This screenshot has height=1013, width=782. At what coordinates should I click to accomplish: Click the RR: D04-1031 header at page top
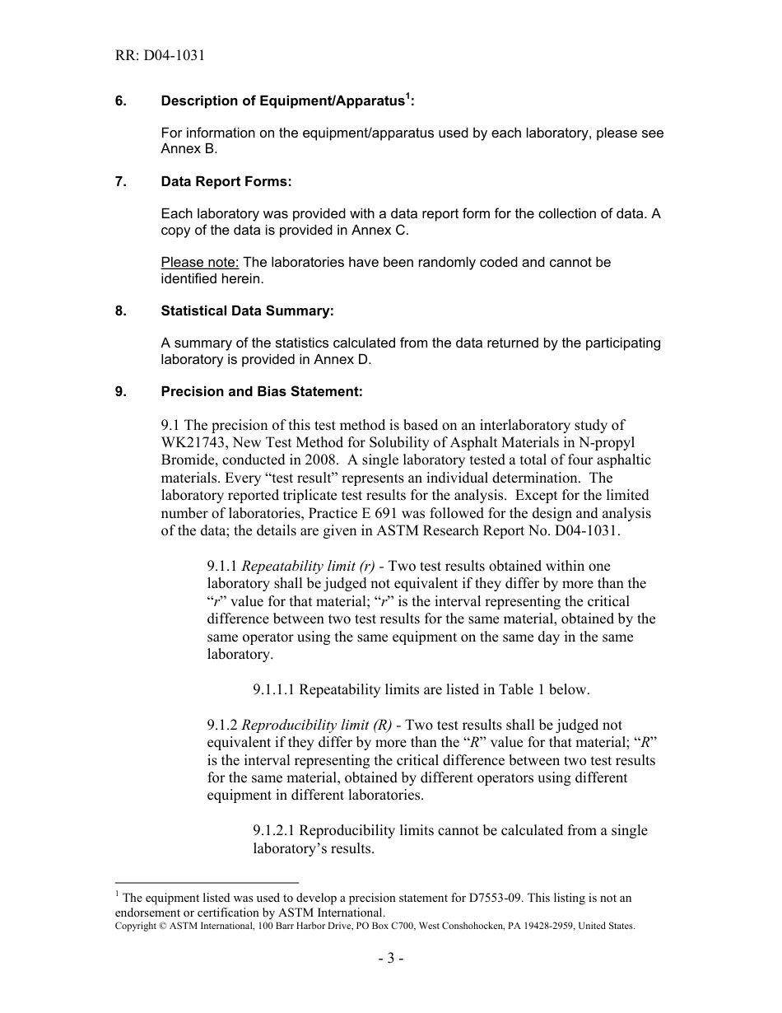[160, 56]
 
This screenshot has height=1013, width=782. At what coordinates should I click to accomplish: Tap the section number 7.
[120, 181]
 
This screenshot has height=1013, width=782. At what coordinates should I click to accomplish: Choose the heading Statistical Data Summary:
[248, 310]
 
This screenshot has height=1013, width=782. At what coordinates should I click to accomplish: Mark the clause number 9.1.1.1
[280, 689]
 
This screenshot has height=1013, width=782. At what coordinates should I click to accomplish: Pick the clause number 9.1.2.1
[280, 830]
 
